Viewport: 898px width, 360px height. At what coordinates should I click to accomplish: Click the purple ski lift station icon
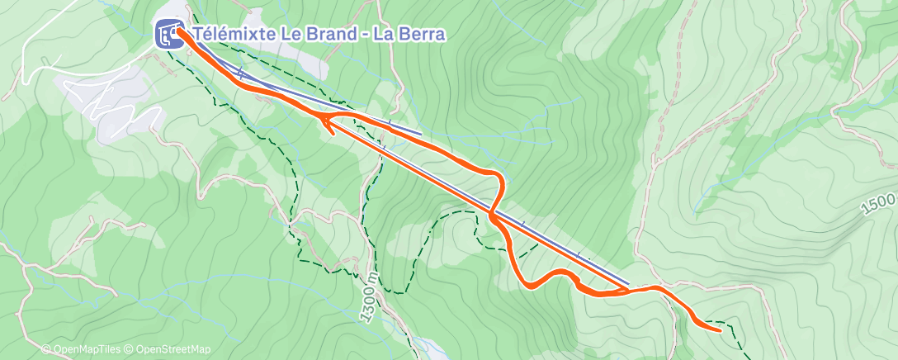[x=169, y=34]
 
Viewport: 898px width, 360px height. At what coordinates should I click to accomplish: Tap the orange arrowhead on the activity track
[x=328, y=126]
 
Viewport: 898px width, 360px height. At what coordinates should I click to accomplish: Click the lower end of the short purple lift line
[x=421, y=133]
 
